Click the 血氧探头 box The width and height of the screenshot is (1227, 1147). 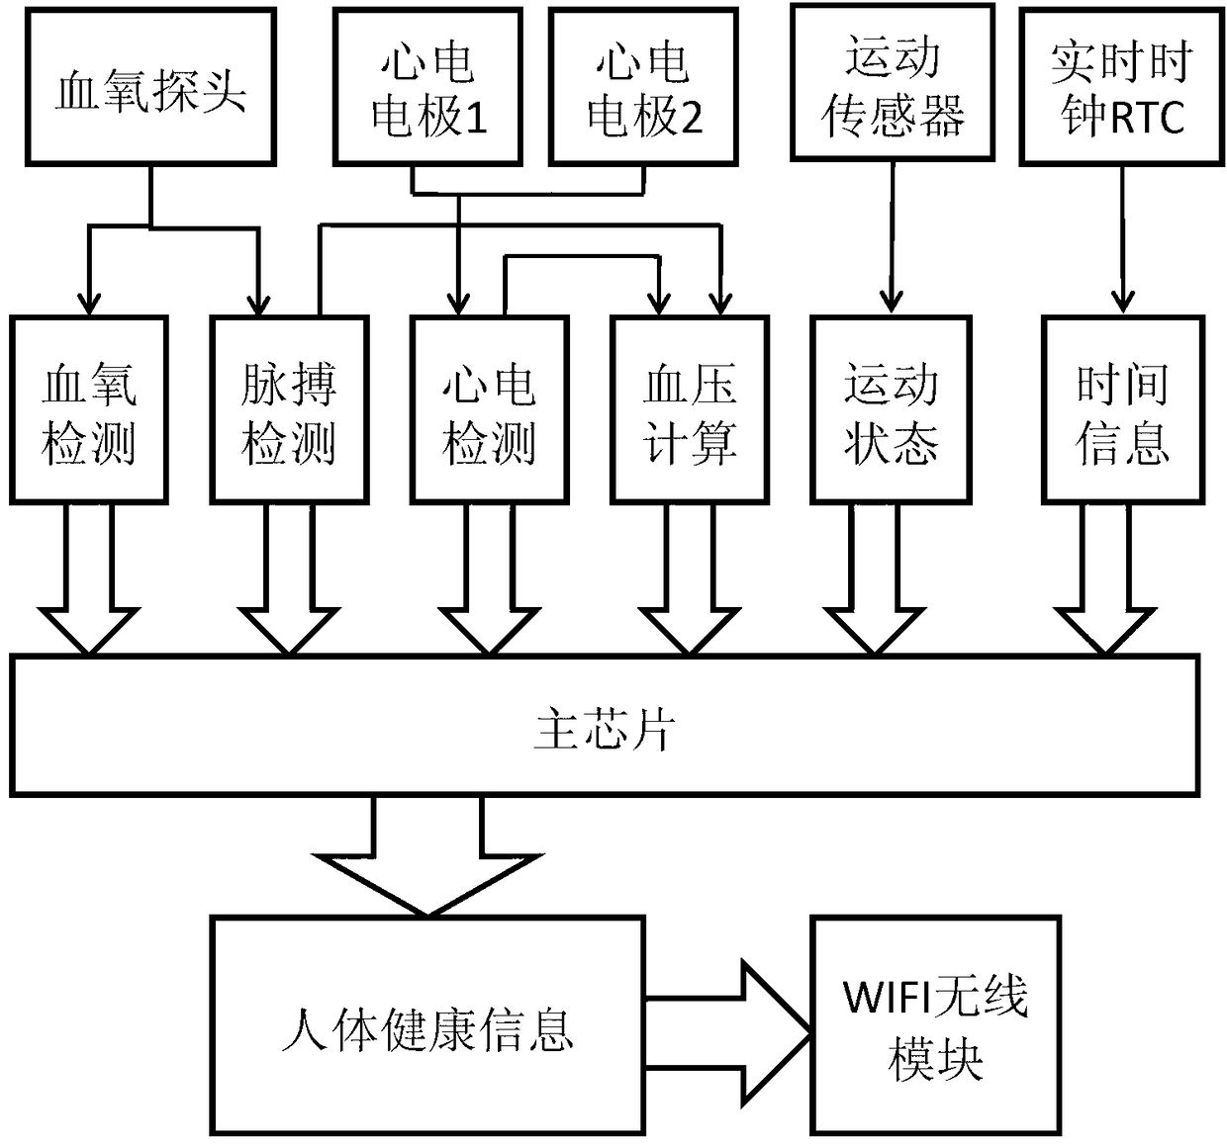150,87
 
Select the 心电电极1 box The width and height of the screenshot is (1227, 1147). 427,87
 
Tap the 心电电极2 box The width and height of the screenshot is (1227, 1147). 643,87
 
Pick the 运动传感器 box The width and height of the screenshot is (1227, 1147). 893,83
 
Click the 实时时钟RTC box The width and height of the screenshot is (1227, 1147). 1121,87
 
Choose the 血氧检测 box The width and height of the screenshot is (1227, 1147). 89,410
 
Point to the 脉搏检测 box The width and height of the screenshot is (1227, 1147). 289,410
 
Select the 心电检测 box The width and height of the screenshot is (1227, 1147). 490,410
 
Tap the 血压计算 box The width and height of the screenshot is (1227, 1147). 690,410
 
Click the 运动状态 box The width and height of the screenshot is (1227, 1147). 891,410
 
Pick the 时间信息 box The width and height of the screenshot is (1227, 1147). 1122,410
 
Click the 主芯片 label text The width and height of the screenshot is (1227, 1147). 604,730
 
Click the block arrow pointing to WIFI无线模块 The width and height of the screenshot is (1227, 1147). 729,1032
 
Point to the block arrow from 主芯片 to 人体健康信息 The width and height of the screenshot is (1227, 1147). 427,855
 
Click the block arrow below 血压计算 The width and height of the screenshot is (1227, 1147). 690,579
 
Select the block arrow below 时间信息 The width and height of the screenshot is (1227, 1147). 1105,579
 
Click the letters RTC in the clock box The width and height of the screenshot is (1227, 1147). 1147,118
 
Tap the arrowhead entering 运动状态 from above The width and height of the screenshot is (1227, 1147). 891,303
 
